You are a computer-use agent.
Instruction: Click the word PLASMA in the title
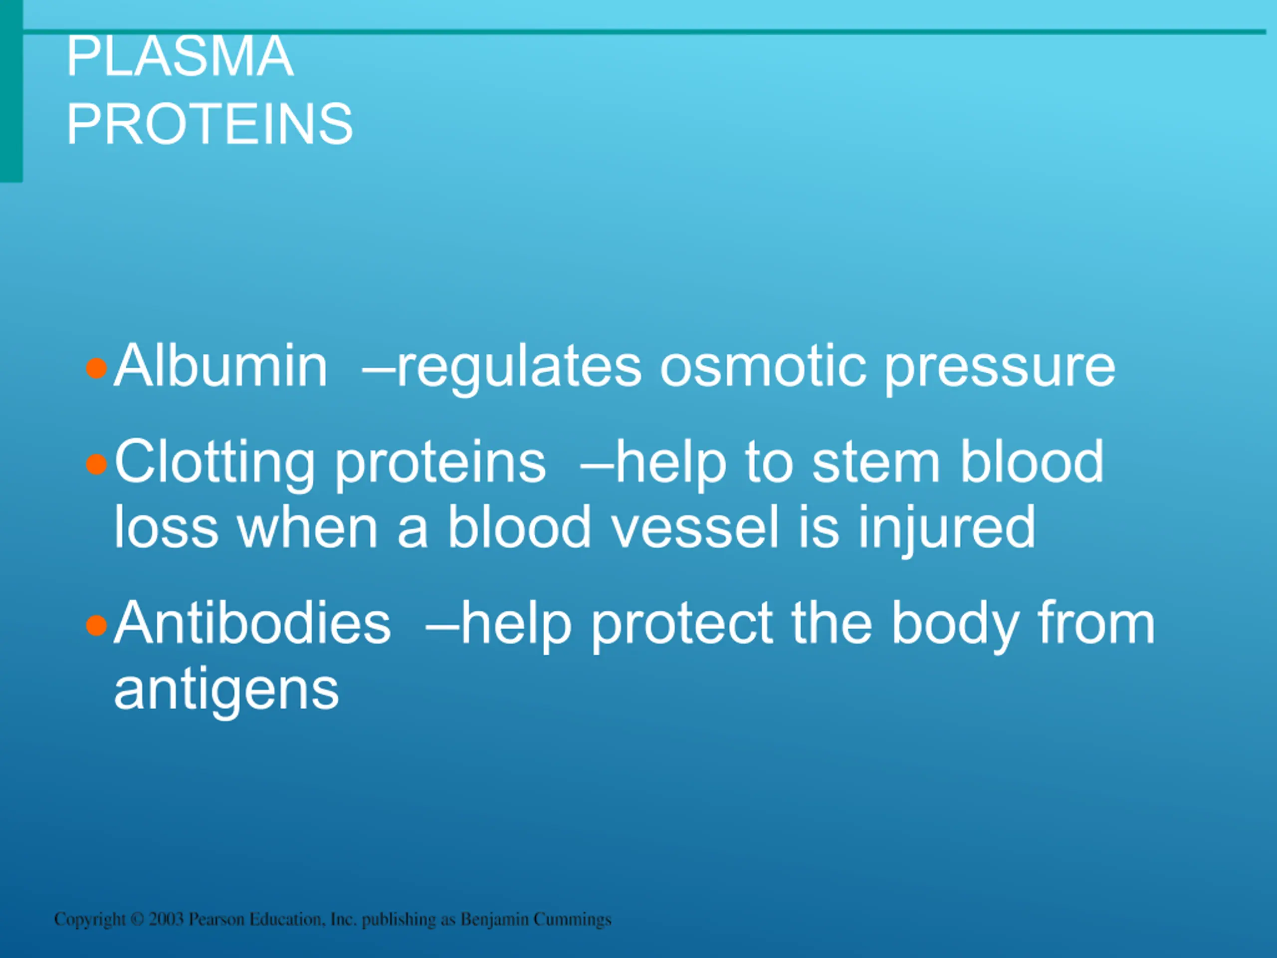click(x=180, y=56)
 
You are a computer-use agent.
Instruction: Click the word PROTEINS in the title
click(x=210, y=124)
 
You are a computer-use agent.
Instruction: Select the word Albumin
click(x=221, y=366)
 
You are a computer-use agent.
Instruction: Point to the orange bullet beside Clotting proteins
click(x=96, y=464)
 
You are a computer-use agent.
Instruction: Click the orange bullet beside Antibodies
click(x=96, y=625)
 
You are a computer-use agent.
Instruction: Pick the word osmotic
click(x=763, y=367)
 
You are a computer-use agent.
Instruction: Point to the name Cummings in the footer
click(x=572, y=919)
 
